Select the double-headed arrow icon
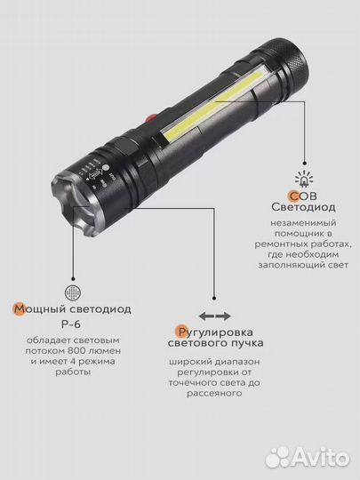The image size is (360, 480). click(215, 316)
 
